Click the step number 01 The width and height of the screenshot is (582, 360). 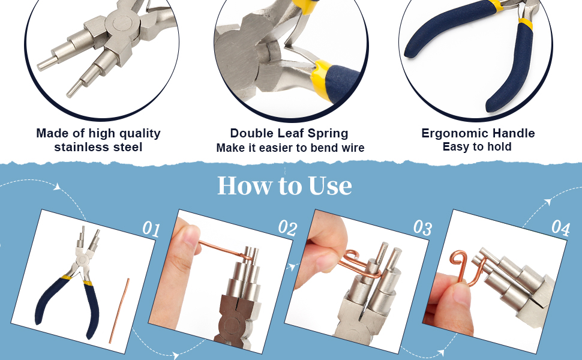[x=151, y=229]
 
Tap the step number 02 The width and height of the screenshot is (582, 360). [x=287, y=227]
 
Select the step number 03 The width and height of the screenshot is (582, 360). [x=423, y=227]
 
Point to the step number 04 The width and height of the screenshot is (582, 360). [x=560, y=227]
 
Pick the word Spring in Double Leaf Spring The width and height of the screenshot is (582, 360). [x=328, y=133]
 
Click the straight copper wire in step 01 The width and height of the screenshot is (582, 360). [x=119, y=311]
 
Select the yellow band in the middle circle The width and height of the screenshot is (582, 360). [x=320, y=79]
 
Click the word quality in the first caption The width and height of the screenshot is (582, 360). [x=140, y=134]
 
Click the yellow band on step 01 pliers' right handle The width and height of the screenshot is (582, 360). [x=88, y=283]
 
